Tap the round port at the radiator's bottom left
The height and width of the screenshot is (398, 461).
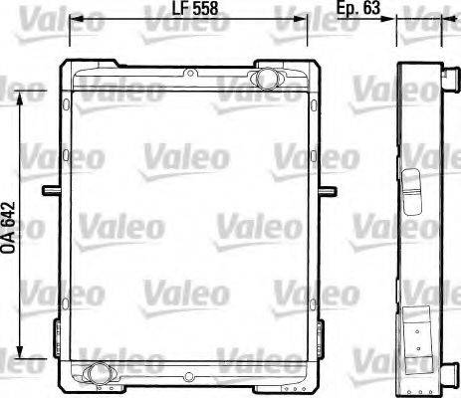[x=97, y=373]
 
